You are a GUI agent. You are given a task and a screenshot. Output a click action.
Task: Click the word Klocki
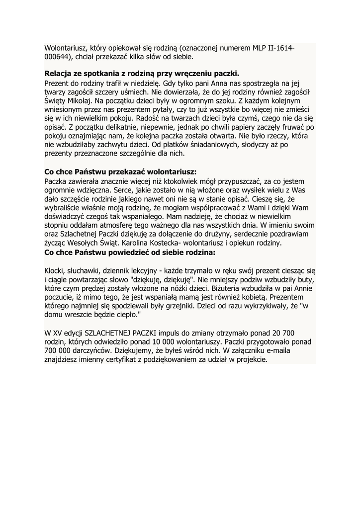pos(56,270)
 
